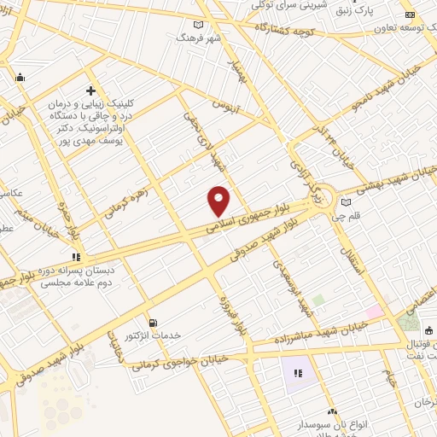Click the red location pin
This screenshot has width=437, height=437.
pyautogui.click(x=219, y=201)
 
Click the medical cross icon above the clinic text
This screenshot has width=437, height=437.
pyautogui.click(x=90, y=90)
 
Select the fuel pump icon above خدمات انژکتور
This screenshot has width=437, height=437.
pyautogui.click(x=153, y=323)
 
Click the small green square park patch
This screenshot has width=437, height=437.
pyautogui.click(x=318, y=300)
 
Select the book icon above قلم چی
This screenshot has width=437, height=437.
pyautogui.click(x=345, y=202)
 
